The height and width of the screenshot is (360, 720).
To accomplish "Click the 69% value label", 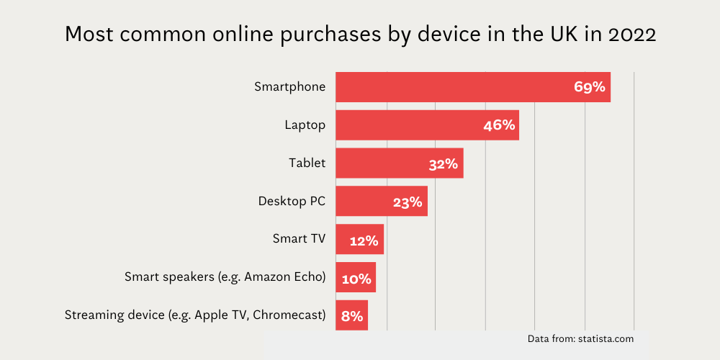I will [590, 87].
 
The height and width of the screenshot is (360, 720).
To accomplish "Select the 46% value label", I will [499, 125].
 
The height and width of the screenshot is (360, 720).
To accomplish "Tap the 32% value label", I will [444, 163].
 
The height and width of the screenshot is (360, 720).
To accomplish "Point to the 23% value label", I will [408, 202].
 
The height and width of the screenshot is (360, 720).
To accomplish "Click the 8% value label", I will [352, 316].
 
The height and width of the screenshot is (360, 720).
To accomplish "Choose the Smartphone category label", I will [289, 87].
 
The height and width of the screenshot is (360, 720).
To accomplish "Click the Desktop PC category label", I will [292, 202].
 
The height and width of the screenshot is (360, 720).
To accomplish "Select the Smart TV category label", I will [299, 239].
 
